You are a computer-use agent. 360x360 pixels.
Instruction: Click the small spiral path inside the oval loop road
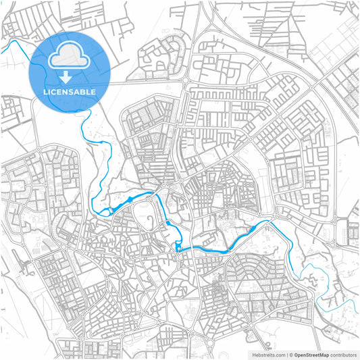[143, 217]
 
